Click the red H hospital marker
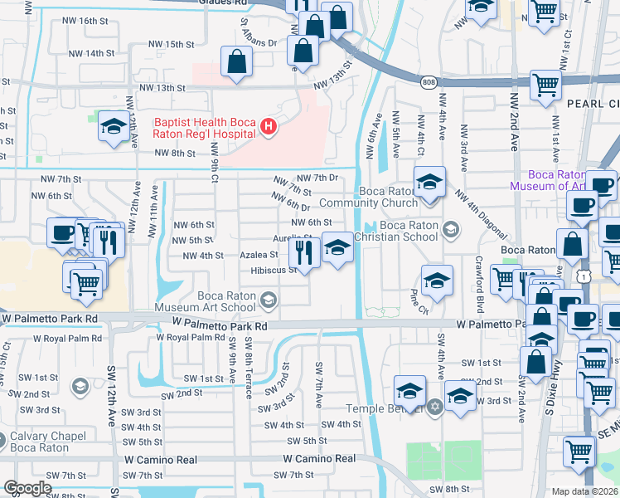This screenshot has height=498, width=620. point(269,127)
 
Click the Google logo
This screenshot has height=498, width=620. point(27,488)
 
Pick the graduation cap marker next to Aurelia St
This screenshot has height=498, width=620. point(337,247)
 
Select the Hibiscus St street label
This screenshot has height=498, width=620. point(274,270)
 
